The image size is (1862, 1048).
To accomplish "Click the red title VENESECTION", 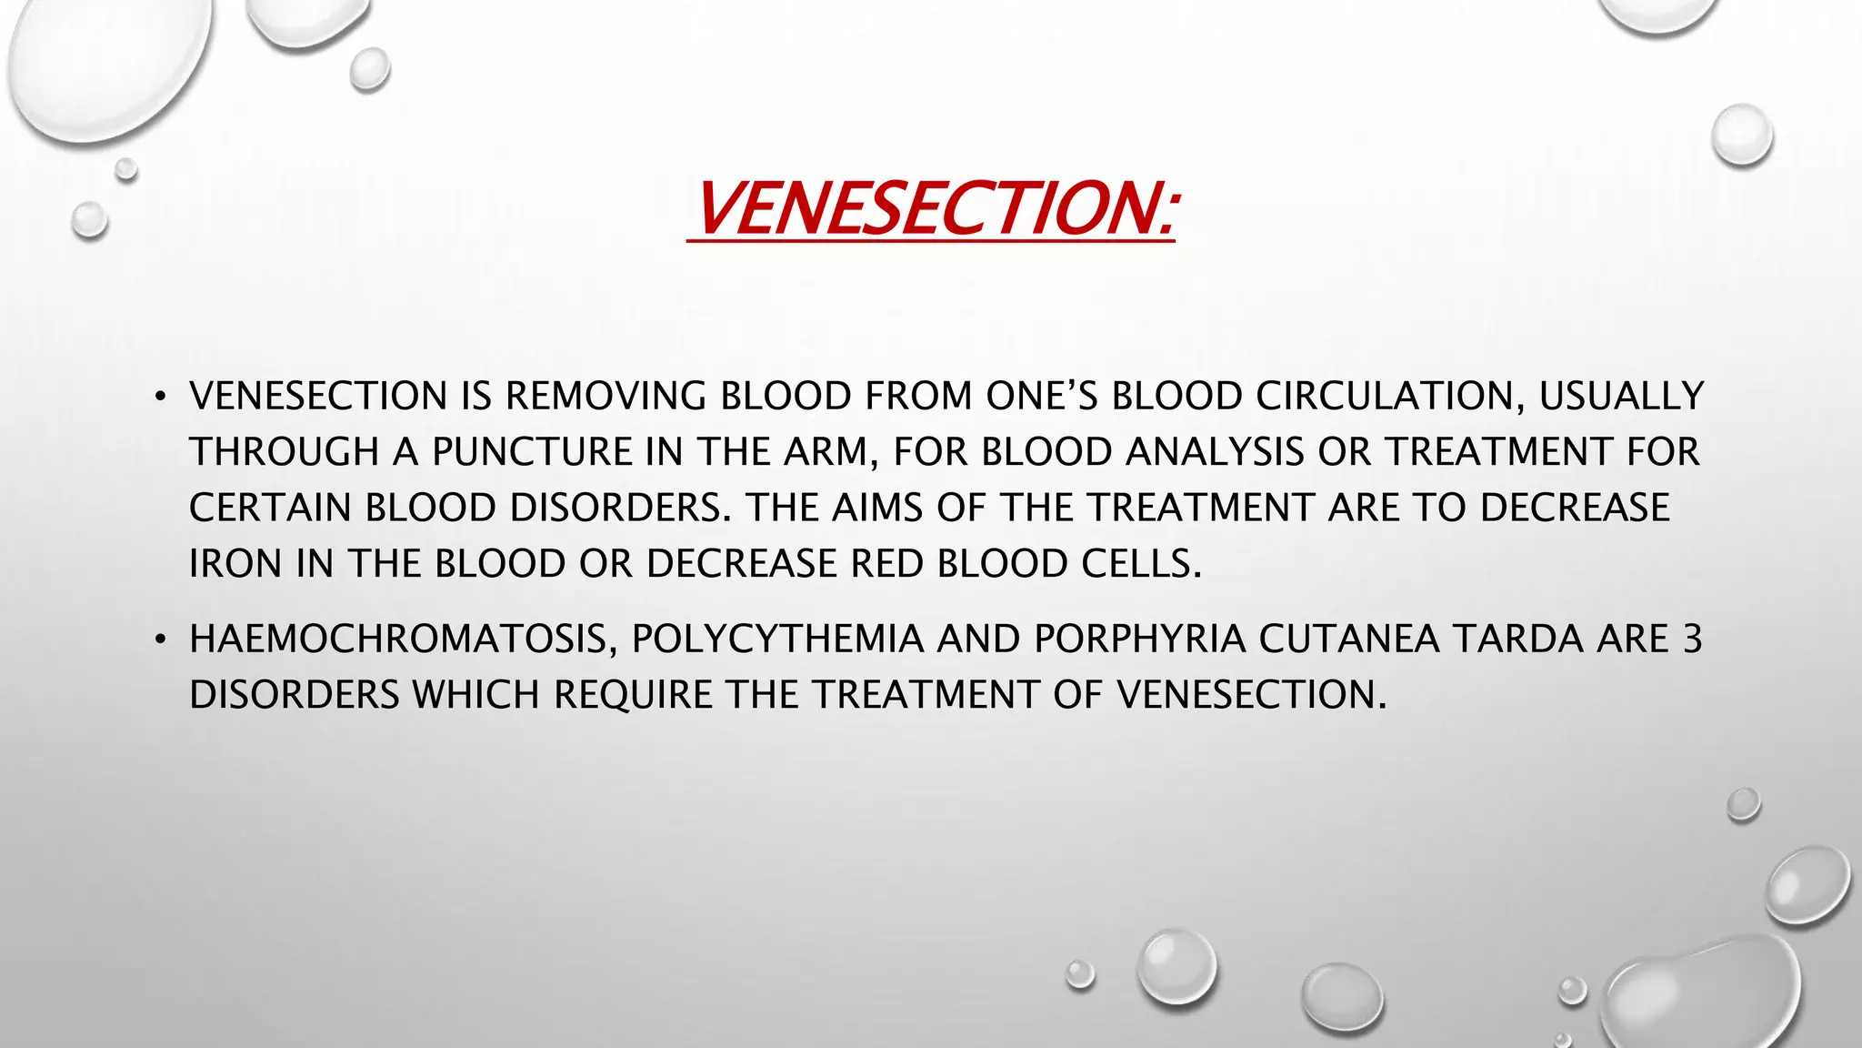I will pos(931,208).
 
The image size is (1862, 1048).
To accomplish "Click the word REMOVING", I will pos(605,397).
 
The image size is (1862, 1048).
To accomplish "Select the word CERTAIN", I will pos(270,509).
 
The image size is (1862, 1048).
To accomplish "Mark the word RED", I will pos(886,565).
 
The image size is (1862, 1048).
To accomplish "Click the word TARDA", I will pos(1517,640).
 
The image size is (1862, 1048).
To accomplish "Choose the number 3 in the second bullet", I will pos(1692,640).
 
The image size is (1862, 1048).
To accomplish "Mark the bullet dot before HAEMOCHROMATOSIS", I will pos(160,640).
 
